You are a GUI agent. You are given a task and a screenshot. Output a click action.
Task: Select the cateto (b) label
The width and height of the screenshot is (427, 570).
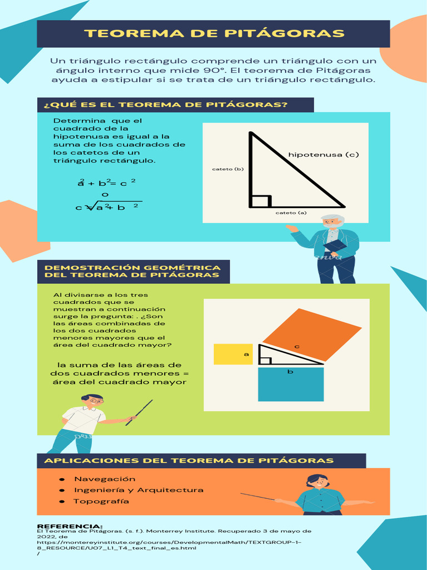coord(228,169)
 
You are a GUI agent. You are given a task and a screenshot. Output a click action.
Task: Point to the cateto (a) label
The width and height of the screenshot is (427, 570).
coord(291,213)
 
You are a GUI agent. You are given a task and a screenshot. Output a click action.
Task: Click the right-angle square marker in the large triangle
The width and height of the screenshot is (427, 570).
coord(261,201)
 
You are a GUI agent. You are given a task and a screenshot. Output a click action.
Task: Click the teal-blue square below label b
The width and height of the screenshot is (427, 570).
coord(291,385)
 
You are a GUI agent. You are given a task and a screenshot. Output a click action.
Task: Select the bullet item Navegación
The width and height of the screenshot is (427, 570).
coord(105,479)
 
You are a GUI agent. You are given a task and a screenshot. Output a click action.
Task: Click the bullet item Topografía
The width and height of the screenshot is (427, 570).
coord(101,501)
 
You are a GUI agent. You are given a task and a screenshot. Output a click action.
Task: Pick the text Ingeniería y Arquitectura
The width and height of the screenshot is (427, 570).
coord(138,490)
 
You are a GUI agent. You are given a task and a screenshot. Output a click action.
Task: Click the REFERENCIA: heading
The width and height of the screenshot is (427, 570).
coord(69,526)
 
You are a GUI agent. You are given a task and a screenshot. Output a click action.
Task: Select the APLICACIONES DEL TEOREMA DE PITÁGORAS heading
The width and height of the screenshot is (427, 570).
coord(189,460)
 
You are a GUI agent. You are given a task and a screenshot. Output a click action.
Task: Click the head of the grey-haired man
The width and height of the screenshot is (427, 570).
coord(332,221)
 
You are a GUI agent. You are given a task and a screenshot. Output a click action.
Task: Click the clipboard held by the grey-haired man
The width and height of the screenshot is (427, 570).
coord(335,246)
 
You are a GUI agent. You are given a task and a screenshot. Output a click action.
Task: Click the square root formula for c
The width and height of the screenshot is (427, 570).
coord(108,207)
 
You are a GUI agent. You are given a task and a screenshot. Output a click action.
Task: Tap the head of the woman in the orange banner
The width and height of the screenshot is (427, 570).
coord(317,481)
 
